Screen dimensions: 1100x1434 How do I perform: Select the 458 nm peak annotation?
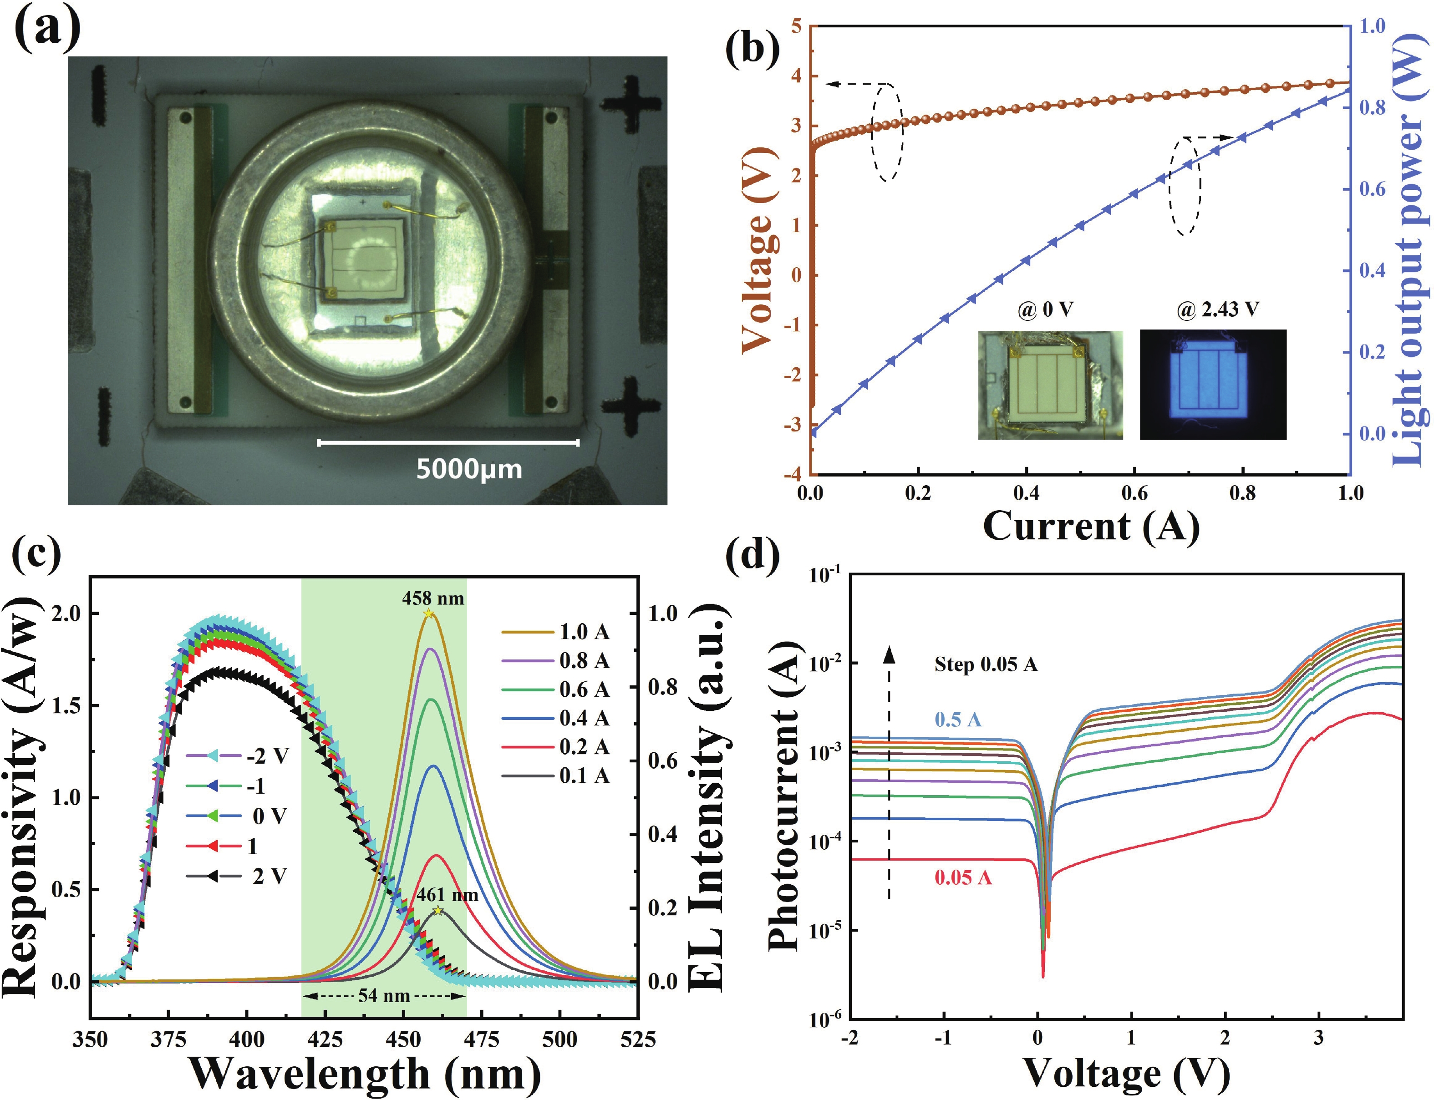433,598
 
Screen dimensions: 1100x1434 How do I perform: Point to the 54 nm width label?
384,996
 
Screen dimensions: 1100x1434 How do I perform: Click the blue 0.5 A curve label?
957,720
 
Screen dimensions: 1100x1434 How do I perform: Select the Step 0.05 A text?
986,664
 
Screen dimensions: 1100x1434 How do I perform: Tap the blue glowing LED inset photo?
1213,385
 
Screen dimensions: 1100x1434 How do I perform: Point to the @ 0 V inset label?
1046,309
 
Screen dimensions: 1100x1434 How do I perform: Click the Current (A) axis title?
1091,526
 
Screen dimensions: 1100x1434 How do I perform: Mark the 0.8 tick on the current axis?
1242,493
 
